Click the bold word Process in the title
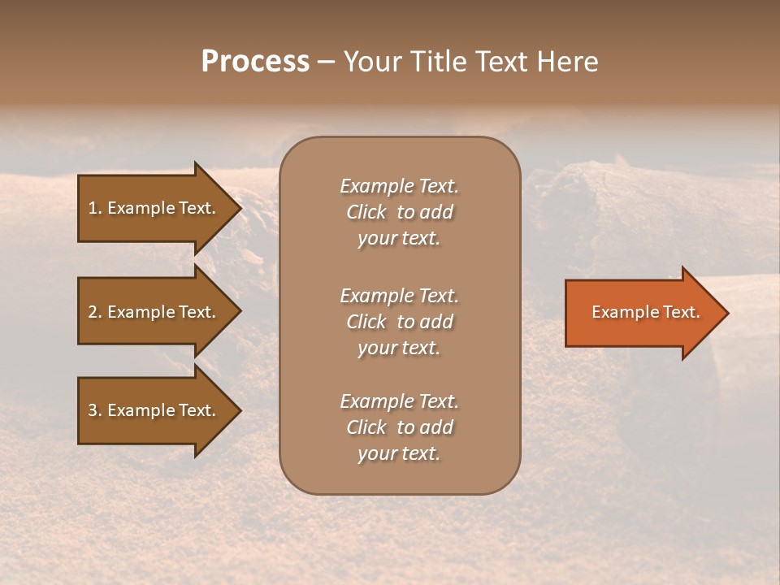255,62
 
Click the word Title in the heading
438,62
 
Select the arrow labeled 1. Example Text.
154,208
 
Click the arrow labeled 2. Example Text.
154,312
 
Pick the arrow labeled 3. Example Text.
154,410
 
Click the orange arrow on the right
642,313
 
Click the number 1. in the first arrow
95,208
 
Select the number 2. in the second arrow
95,312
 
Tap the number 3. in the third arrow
95,410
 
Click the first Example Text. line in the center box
399,186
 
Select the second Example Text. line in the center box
399,296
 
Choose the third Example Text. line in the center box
399,401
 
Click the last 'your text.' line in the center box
399,454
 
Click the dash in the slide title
326,62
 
